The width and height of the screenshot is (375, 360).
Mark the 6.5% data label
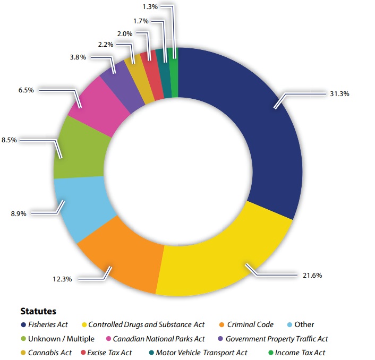[26, 90]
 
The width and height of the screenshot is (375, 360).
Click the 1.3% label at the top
[149, 7]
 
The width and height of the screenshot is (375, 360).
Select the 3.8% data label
[78, 57]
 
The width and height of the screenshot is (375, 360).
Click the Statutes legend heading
[38, 311]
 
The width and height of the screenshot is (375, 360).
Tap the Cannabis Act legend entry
[49, 353]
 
